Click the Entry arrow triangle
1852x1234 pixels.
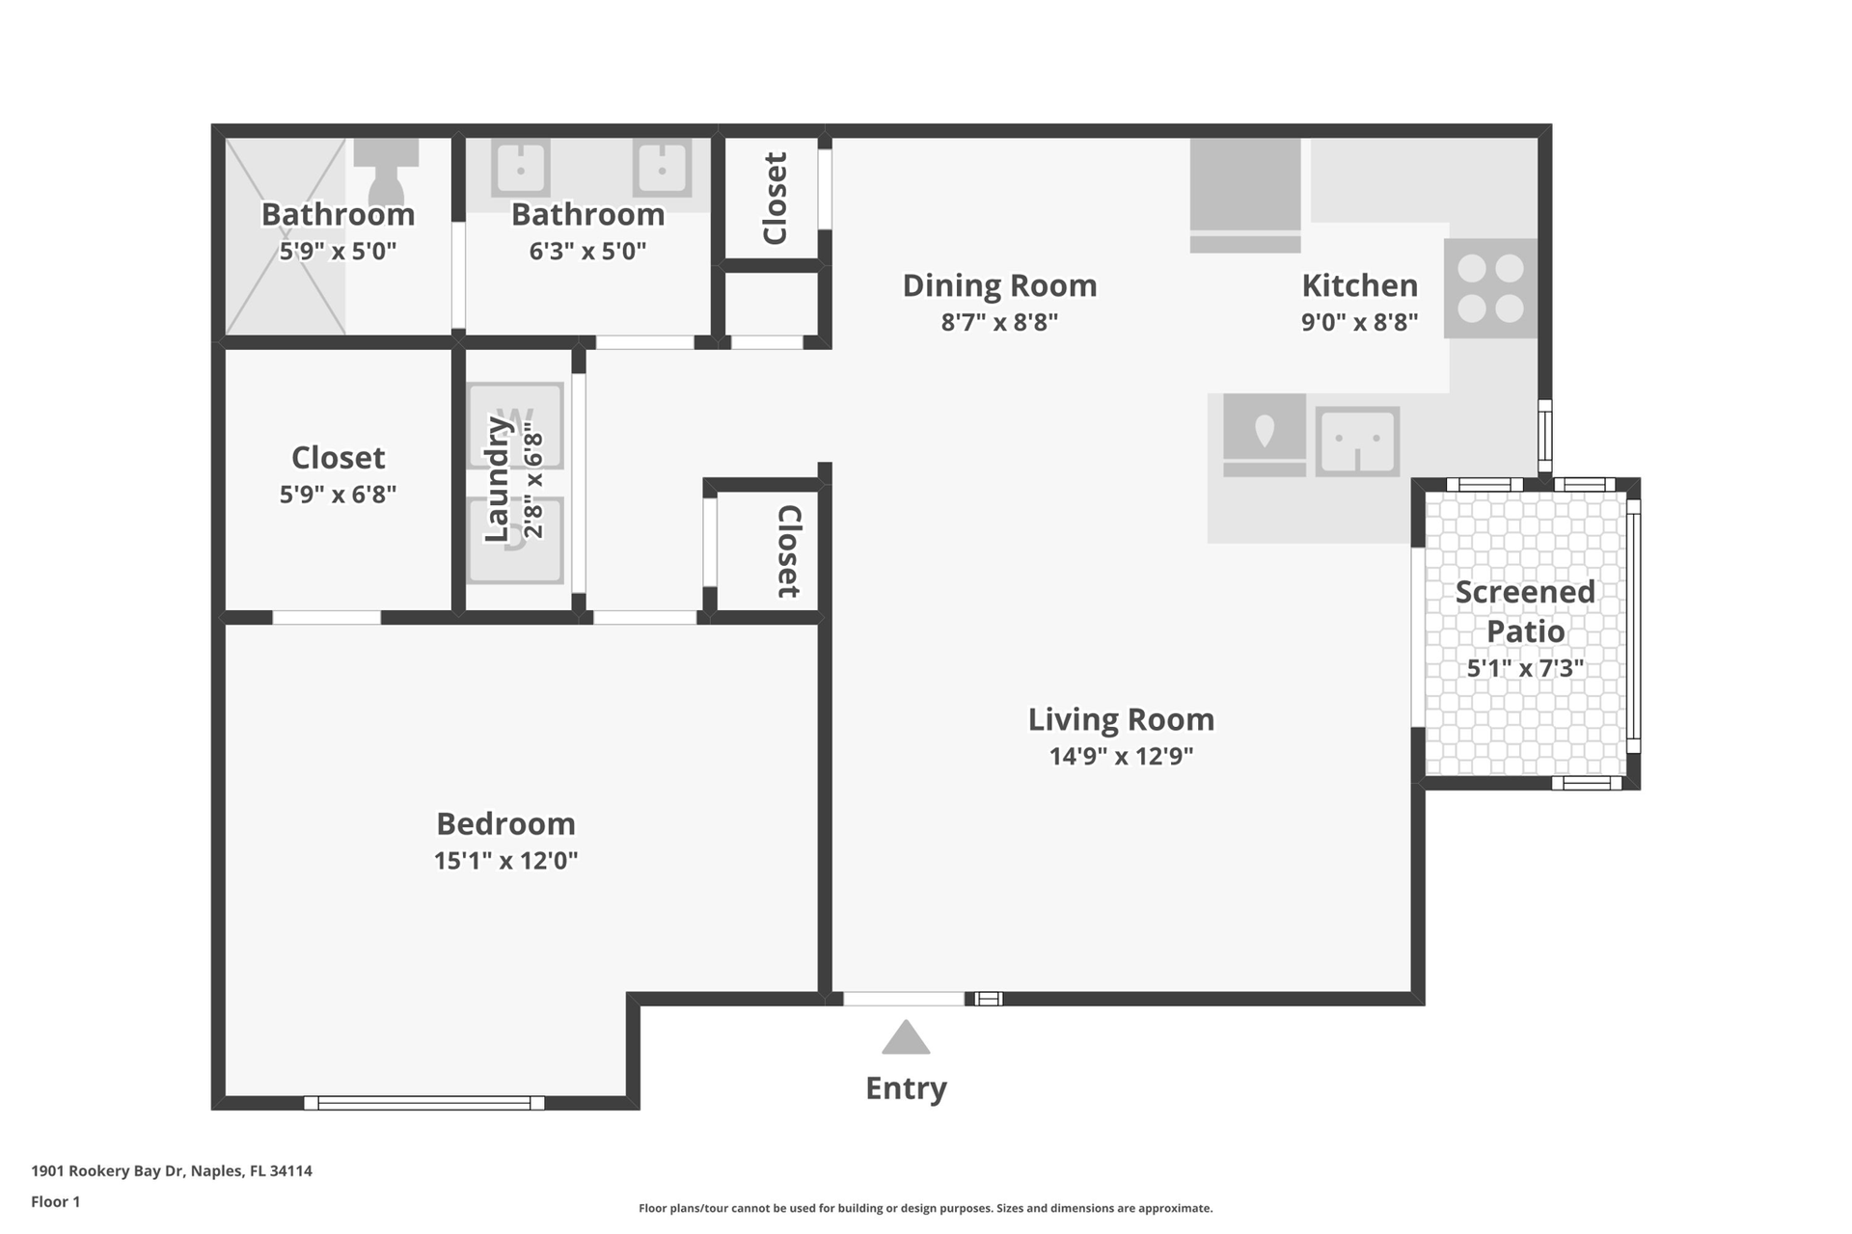[906, 1038]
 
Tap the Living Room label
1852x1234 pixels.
[1121, 719]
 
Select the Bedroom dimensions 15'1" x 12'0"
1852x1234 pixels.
[505, 860]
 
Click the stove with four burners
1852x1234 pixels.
[1490, 288]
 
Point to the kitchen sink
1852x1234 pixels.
[1358, 442]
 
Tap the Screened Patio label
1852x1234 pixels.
[1525, 611]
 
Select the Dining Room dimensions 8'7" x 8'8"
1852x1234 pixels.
[999, 322]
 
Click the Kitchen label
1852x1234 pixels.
[1359, 285]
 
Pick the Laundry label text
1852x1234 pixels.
[496, 479]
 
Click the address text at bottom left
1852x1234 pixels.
[172, 1171]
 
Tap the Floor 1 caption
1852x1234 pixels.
[56, 1201]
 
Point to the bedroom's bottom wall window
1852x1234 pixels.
[424, 1103]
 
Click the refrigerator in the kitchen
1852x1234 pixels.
[1245, 196]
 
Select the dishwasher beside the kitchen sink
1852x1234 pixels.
[1265, 435]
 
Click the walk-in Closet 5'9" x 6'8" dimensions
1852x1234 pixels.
[338, 495]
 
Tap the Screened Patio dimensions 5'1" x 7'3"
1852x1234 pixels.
[1525, 668]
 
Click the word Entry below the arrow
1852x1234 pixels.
[906, 1088]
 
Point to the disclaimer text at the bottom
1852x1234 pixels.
[926, 1208]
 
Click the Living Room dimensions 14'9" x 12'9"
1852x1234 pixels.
[1121, 756]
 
